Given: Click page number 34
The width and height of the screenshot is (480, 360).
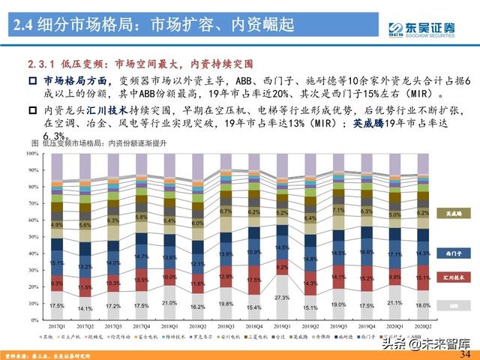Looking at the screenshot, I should (465, 353).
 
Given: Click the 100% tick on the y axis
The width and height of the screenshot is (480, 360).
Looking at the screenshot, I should (34, 153).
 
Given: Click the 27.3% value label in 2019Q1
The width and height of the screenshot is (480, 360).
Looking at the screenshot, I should (282, 298).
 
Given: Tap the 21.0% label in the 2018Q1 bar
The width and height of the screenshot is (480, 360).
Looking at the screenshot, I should (169, 302).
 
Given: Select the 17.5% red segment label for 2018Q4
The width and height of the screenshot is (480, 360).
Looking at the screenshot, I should (254, 279).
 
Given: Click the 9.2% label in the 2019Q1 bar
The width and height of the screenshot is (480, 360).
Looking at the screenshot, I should (282, 266).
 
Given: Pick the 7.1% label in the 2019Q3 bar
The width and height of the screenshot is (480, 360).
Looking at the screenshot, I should (339, 211).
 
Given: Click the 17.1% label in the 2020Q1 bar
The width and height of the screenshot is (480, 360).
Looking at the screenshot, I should (395, 256).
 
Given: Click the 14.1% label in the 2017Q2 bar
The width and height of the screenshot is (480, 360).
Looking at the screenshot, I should (85, 308).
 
